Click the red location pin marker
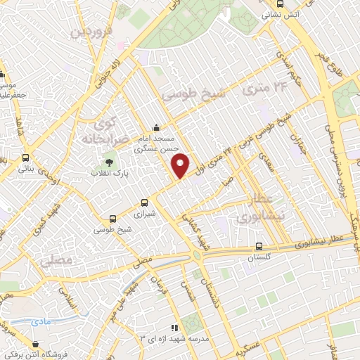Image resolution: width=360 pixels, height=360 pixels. tap(181, 165)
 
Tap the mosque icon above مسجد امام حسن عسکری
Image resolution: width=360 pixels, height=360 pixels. tap(155, 129)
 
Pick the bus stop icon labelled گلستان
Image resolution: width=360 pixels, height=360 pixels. tap(260, 247)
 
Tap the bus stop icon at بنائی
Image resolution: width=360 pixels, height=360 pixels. tap(26, 157)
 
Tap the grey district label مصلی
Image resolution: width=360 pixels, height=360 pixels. tap(57, 260)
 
